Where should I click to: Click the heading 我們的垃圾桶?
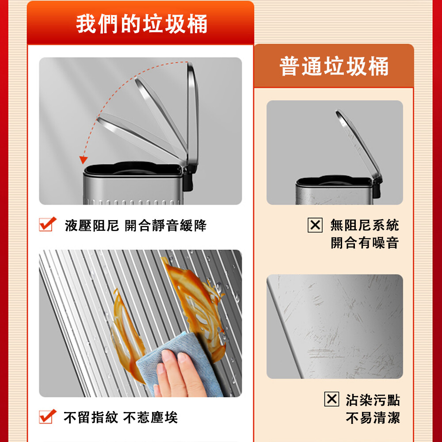(x=141, y=24)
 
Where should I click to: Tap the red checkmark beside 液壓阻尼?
(x=47, y=225)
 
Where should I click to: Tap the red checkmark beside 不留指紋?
(x=47, y=417)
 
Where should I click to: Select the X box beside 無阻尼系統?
(x=315, y=225)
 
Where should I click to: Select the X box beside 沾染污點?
(x=331, y=399)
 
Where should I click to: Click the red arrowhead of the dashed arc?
(x=83, y=160)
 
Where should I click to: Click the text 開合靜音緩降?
(x=166, y=225)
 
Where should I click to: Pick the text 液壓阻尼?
(x=92, y=225)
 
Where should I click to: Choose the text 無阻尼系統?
(x=365, y=225)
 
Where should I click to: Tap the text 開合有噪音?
(x=365, y=243)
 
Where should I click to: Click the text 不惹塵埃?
(x=151, y=418)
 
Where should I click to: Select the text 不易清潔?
(x=373, y=418)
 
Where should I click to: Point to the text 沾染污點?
(x=373, y=400)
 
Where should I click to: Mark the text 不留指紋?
(x=91, y=418)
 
